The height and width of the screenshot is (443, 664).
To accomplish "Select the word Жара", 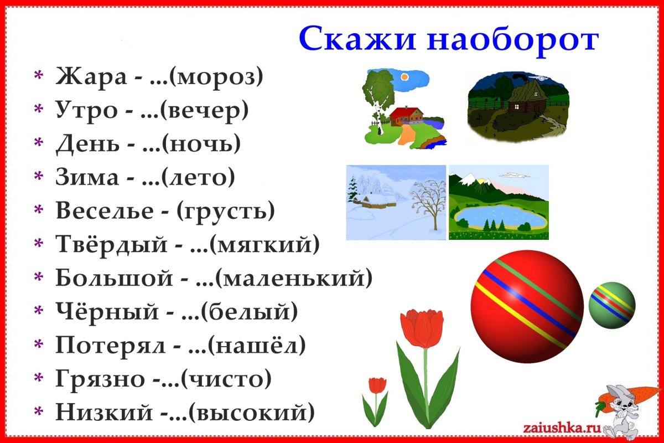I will pos(91,77).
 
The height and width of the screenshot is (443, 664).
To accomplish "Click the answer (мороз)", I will pos(215,77).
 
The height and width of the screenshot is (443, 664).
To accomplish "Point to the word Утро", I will pos(87,111).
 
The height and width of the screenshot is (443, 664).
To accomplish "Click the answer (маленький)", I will pos(293,277).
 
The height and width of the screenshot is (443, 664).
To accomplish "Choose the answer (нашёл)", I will pos(257,345).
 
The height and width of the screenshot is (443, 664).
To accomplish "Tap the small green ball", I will pos(611,305).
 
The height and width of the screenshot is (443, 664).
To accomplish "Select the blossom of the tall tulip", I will pos(422,328).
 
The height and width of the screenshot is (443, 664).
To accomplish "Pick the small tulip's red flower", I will pos(377,385).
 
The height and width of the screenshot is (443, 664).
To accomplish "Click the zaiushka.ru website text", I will pos(559,427).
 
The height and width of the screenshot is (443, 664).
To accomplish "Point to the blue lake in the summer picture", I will pos(498,217).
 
